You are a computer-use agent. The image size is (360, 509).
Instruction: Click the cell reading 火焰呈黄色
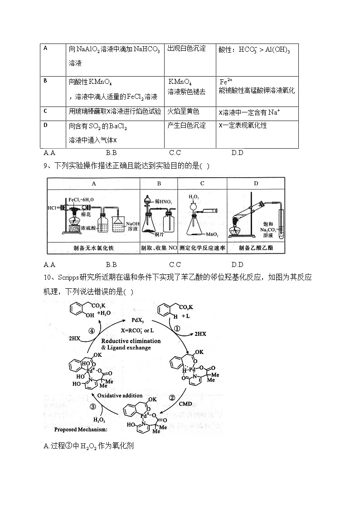pos(183,111)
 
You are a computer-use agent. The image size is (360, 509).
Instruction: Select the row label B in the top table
pos(45,81)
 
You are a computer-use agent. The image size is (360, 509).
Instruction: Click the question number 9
pos(46,166)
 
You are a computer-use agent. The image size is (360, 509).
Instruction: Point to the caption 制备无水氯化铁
pos(93,248)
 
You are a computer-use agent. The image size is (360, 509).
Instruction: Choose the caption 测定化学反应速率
pos(202,248)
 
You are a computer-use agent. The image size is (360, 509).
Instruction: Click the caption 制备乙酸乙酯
pos(256,248)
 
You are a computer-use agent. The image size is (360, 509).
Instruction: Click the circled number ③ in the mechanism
pos(92,406)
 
